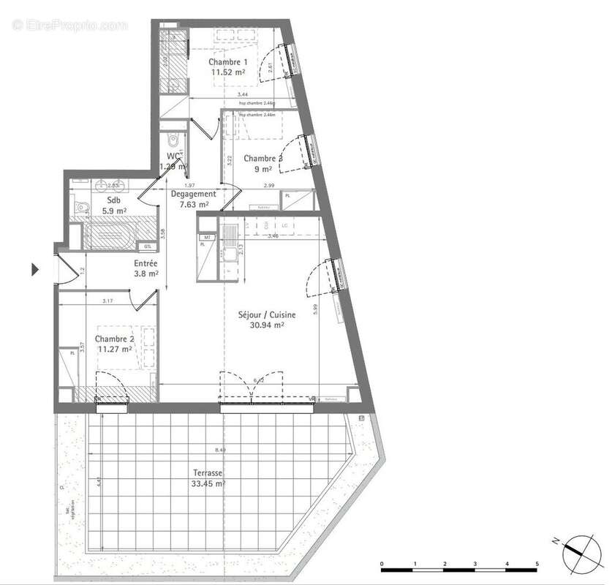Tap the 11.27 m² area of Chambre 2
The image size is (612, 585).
(x=117, y=349)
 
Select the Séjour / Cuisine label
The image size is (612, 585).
(x=266, y=315)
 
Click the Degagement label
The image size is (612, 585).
(x=193, y=195)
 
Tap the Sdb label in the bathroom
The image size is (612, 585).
(x=114, y=200)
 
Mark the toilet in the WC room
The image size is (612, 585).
(x=172, y=140)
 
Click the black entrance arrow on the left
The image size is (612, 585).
(x=34, y=269)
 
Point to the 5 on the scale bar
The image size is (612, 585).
(x=537, y=564)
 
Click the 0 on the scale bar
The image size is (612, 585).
(x=382, y=564)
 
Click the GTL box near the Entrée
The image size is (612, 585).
(x=148, y=246)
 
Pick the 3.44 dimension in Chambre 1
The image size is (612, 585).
(x=241, y=95)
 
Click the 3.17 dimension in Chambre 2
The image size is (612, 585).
(x=107, y=300)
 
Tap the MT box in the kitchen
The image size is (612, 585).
(x=207, y=238)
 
